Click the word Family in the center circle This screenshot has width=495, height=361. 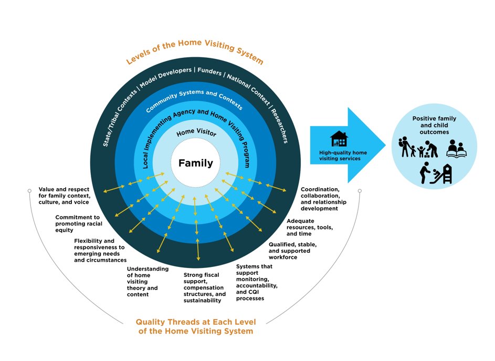[x=196, y=163]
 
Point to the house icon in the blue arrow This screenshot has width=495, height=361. [x=339, y=139]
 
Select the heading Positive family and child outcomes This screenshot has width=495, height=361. [x=434, y=125]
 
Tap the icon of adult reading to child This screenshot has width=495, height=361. [x=455, y=149]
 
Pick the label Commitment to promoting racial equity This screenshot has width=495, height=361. [x=78, y=223]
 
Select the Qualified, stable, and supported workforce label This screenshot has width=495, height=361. [x=292, y=251]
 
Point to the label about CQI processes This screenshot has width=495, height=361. [x=257, y=282]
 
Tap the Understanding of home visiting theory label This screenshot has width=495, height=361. [x=148, y=282]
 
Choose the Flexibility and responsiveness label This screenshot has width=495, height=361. [x=100, y=250]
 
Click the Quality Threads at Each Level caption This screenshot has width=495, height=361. [x=194, y=326]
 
